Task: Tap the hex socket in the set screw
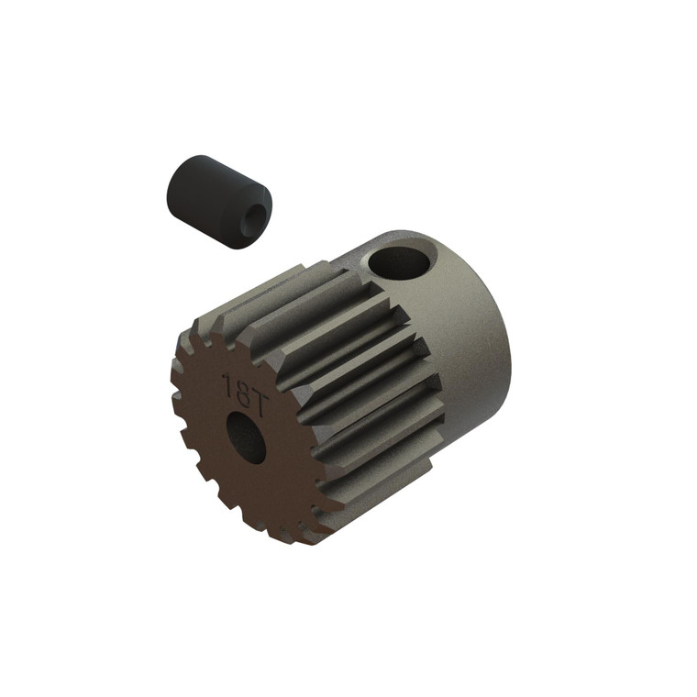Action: [254, 217]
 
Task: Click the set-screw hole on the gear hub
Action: [400, 262]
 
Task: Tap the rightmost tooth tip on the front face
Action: [341, 503]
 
